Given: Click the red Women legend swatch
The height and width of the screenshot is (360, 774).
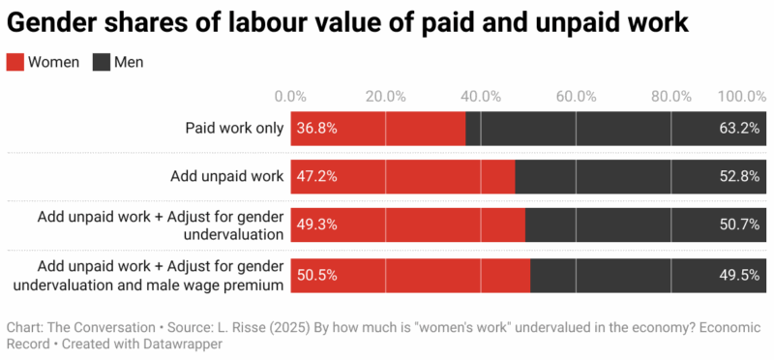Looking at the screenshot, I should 15,63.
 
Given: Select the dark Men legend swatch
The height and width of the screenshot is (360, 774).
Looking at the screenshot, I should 101,63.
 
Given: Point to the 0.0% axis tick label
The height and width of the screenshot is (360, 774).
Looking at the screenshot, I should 290,96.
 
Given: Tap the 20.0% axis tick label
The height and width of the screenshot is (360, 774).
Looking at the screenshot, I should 385,96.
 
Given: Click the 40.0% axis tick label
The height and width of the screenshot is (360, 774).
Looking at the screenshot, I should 481,96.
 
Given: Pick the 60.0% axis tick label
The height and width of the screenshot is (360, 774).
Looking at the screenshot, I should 576,96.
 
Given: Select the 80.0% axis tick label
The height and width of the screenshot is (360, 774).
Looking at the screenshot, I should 670,96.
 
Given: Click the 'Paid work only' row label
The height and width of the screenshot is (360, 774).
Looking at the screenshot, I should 234,128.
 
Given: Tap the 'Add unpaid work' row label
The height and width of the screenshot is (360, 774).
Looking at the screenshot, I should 226,176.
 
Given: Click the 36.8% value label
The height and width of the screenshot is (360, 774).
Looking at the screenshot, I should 317,128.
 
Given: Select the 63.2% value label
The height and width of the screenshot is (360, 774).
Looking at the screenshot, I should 739,128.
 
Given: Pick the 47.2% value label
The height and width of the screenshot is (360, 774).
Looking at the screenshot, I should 317,176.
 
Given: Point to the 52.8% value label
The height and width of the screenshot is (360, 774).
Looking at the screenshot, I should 739,176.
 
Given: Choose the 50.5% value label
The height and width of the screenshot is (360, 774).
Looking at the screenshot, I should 317,275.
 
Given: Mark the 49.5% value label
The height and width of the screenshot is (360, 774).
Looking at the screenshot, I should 739,275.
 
